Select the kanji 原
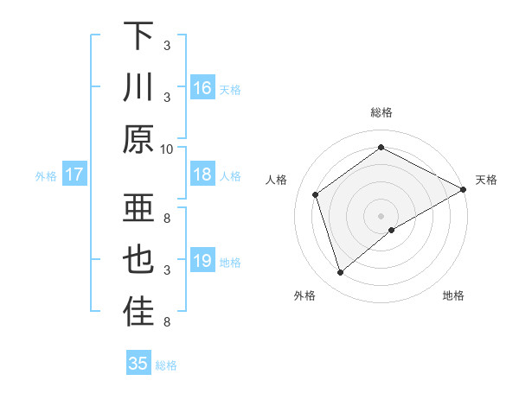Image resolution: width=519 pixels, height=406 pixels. [x=138, y=138]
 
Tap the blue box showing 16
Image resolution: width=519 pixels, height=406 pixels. [x=202, y=87]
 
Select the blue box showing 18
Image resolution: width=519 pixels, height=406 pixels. [x=202, y=174]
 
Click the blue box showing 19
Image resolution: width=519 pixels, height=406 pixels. [x=202, y=261]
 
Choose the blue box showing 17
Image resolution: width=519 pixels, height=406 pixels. [x=74, y=174]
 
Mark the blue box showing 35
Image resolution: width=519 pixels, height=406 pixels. [x=138, y=364]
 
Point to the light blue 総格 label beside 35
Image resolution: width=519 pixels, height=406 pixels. [x=166, y=365]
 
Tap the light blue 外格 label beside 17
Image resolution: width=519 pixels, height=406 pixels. [x=46, y=176]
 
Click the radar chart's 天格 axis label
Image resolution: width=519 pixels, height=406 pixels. [x=486, y=180]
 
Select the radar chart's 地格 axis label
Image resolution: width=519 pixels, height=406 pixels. [x=453, y=296]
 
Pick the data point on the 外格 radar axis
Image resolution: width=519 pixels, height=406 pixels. [x=340, y=273]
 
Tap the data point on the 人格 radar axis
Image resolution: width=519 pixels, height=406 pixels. [x=316, y=194]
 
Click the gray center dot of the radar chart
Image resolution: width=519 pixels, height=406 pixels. [x=381, y=215]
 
